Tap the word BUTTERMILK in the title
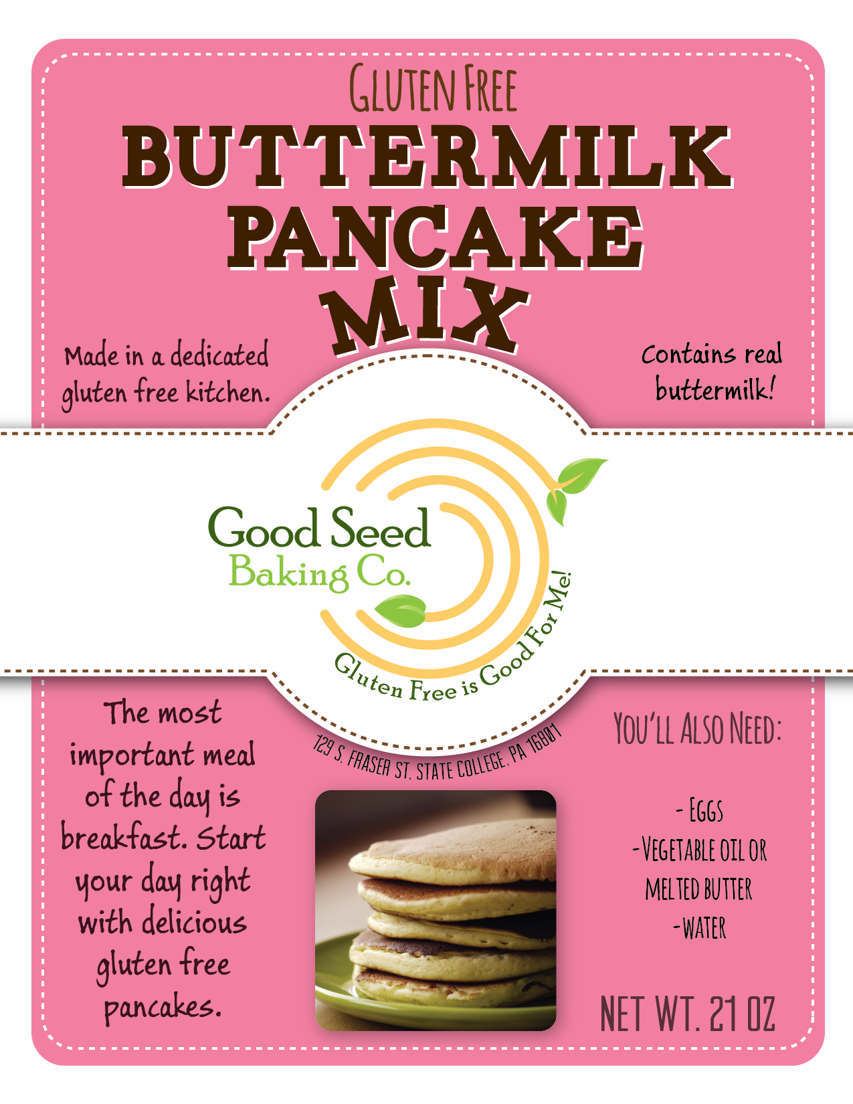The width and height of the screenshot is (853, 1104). [x=427, y=157]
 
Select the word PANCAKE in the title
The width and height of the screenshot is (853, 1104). [x=435, y=238]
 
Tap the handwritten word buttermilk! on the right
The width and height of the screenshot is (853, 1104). [x=715, y=389]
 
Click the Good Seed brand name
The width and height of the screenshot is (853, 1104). [x=320, y=529]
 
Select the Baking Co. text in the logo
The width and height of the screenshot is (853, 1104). [x=319, y=573]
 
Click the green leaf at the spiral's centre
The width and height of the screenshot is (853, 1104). [x=400, y=611]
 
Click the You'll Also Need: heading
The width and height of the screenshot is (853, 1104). [x=697, y=729]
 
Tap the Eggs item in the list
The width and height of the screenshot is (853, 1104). [x=700, y=810]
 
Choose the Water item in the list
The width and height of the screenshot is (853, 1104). [x=700, y=928]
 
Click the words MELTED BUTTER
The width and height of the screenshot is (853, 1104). [x=698, y=889]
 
